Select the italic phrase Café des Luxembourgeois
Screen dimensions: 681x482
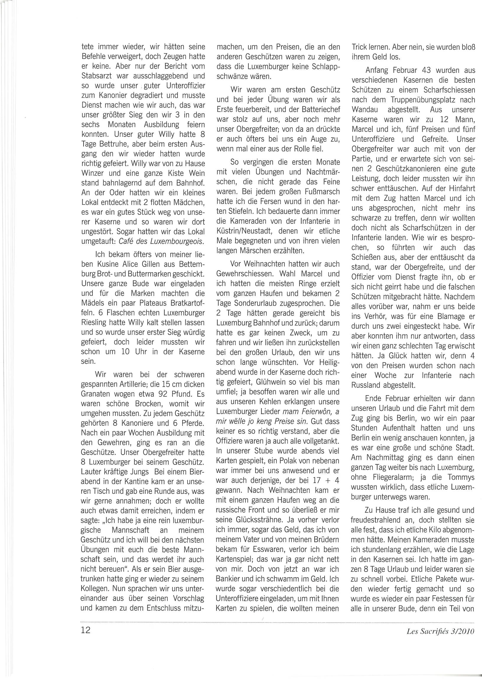point(162,241)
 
